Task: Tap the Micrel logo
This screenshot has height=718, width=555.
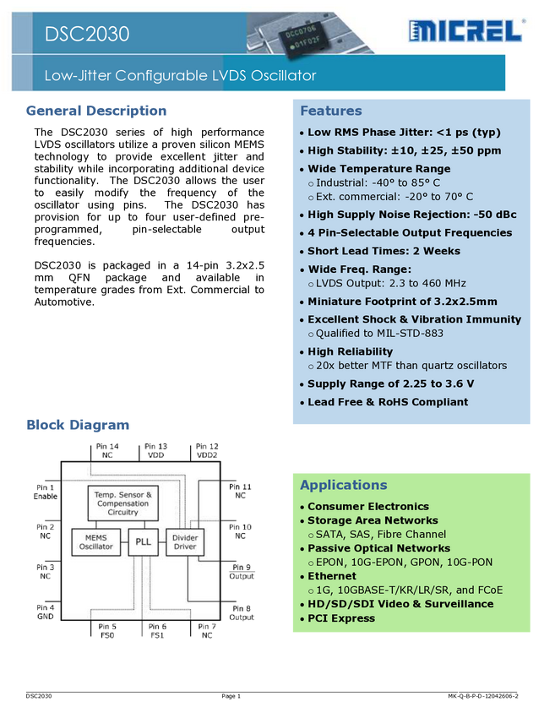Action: tap(467, 31)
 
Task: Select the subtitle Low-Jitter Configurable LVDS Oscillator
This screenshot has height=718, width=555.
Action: tap(180, 76)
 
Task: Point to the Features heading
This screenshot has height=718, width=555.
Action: tap(330, 111)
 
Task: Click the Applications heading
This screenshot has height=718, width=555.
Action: tap(343, 485)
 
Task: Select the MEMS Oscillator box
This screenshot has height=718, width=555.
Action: tap(96, 541)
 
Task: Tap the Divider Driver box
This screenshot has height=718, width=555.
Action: tap(184, 541)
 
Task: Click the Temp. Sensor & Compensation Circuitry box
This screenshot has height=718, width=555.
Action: tap(122, 503)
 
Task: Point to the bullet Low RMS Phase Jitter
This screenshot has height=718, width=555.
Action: tap(404, 133)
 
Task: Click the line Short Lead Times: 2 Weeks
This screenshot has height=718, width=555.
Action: tap(384, 251)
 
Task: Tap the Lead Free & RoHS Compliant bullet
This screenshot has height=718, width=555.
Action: tap(387, 402)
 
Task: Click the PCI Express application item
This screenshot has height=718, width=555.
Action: tap(341, 618)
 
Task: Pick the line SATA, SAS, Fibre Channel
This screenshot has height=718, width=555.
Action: tap(380, 534)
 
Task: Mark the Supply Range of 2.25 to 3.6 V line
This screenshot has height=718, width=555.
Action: tap(390, 383)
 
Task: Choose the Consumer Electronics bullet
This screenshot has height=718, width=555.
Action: tap(367, 507)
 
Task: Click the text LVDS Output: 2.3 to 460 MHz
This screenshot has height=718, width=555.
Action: tap(390, 283)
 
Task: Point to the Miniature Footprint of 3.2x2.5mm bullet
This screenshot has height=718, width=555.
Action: tap(402, 302)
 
